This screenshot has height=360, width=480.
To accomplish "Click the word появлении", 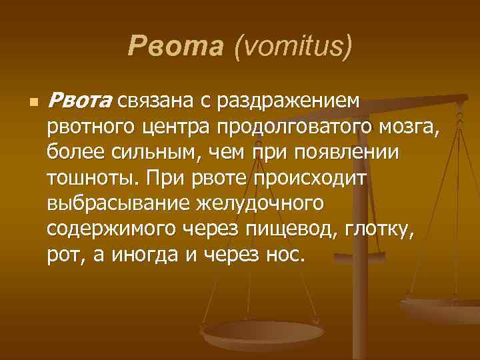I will click(352, 152).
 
